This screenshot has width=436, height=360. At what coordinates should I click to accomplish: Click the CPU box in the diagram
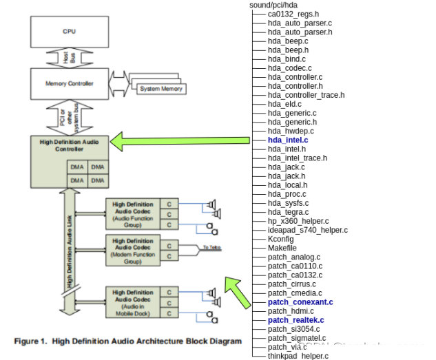69,32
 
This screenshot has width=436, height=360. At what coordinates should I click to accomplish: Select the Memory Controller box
69,84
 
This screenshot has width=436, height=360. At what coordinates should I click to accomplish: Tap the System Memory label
160,89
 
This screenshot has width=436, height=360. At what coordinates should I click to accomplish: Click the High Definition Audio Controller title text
69,145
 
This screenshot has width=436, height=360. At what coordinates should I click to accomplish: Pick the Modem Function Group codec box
133,250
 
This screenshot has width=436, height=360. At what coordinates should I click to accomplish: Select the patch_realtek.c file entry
295,320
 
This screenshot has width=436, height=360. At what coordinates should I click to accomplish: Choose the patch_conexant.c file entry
300,301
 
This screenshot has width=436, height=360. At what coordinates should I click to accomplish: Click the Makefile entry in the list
283,248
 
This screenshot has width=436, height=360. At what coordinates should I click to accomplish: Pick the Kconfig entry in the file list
281,239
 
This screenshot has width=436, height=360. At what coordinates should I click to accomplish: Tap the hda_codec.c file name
289,68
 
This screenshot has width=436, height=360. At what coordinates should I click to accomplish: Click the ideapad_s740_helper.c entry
307,230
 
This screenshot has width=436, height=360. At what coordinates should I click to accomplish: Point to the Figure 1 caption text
128,341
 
